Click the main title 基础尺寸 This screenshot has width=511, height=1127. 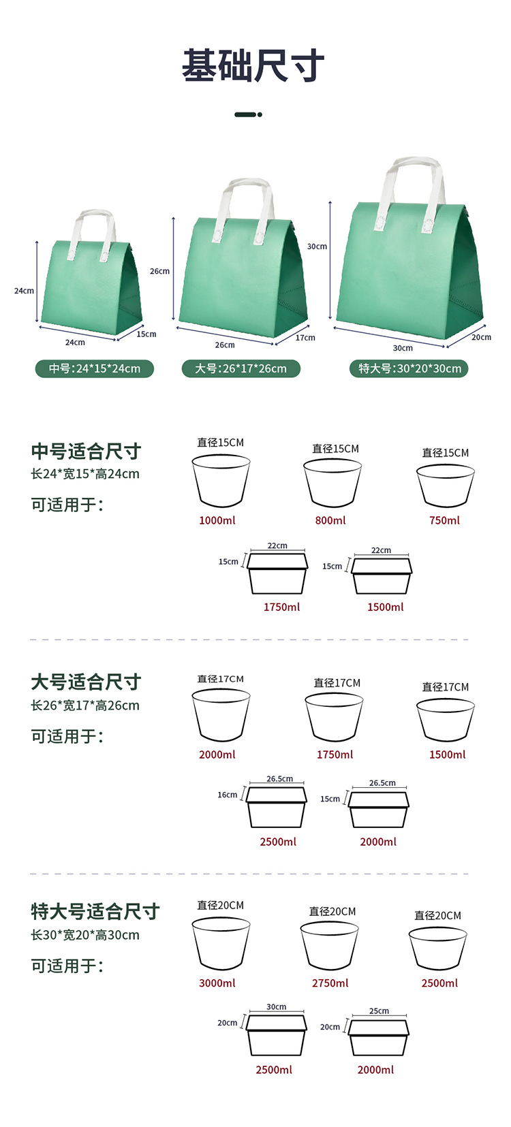pos(253,65)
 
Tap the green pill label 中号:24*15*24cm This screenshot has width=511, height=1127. pos(95,368)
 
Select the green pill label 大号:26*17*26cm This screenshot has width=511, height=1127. pos(241,368)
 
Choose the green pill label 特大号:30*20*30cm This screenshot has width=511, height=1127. pos(409,368)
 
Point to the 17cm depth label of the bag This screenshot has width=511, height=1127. pos(305,338)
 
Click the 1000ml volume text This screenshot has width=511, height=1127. pos(217,520)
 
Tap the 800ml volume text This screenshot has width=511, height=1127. pos(330,520)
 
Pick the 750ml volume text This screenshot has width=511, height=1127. pos(444,520)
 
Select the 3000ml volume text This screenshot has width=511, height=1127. pos(217,983)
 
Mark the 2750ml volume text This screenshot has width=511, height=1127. pos(330,983)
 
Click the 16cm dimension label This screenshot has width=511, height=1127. pos(227,795)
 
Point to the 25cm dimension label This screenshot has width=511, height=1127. pos(379,1011)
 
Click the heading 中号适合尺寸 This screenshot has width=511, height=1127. pos(86,451)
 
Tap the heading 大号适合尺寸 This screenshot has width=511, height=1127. pos(86,682)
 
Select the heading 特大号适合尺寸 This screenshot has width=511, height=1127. pos(95,911)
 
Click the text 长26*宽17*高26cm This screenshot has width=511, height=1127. pos(85,705)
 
